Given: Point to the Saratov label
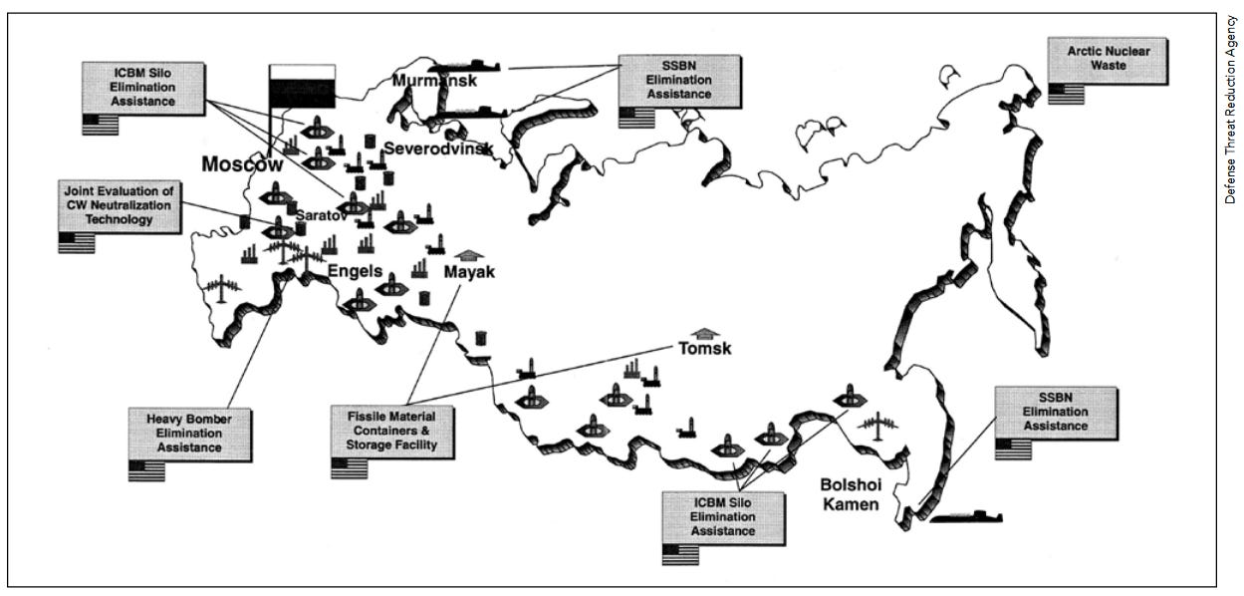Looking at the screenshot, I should (321, 214).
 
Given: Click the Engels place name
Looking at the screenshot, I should (356, 270).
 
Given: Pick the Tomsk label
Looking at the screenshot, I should (705, 349).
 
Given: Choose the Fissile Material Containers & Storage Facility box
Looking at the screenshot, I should (384, 432).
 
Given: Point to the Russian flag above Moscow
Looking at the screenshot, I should (301, 84).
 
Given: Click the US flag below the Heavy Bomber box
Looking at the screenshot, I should (146, 470).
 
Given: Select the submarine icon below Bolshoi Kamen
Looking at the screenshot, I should (966, 517).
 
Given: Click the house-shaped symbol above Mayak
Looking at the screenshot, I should (474, 255).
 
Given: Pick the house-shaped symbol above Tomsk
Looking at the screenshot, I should (704, 333).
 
